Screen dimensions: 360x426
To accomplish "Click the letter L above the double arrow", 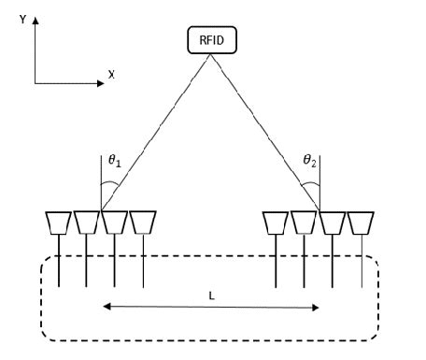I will pyautogui.click(x=212, y=295).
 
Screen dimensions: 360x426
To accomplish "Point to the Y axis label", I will pyautogui.click(x=21, y=18).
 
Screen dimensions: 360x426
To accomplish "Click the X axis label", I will pyautogui.click(x=111, y=74).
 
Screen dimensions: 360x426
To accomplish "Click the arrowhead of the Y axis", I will pyautogui.click(x=36, y=20).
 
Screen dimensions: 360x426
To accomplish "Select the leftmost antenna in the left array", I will pyautogui.click(x=58, y=223).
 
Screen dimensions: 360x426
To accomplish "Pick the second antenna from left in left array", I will pyautogui.click(x=87, y=223).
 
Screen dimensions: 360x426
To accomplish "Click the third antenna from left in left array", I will pyautogui.click(x=115, y=223).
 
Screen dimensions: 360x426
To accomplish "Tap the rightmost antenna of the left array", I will pyautogui.click(x=143, y=223).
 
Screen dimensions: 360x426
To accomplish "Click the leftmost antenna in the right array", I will pyautogui.click(x=276, y=223).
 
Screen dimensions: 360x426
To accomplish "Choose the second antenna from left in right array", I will pyautogui.click(x=304, y=223).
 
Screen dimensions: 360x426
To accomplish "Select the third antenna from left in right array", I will pyautogui.click(x=333, y=223).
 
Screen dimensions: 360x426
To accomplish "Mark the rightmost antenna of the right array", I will pyautogui.click(x=361, y=223).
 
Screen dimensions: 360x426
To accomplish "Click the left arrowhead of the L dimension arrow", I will pyautogui.click(x=106, y=306).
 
